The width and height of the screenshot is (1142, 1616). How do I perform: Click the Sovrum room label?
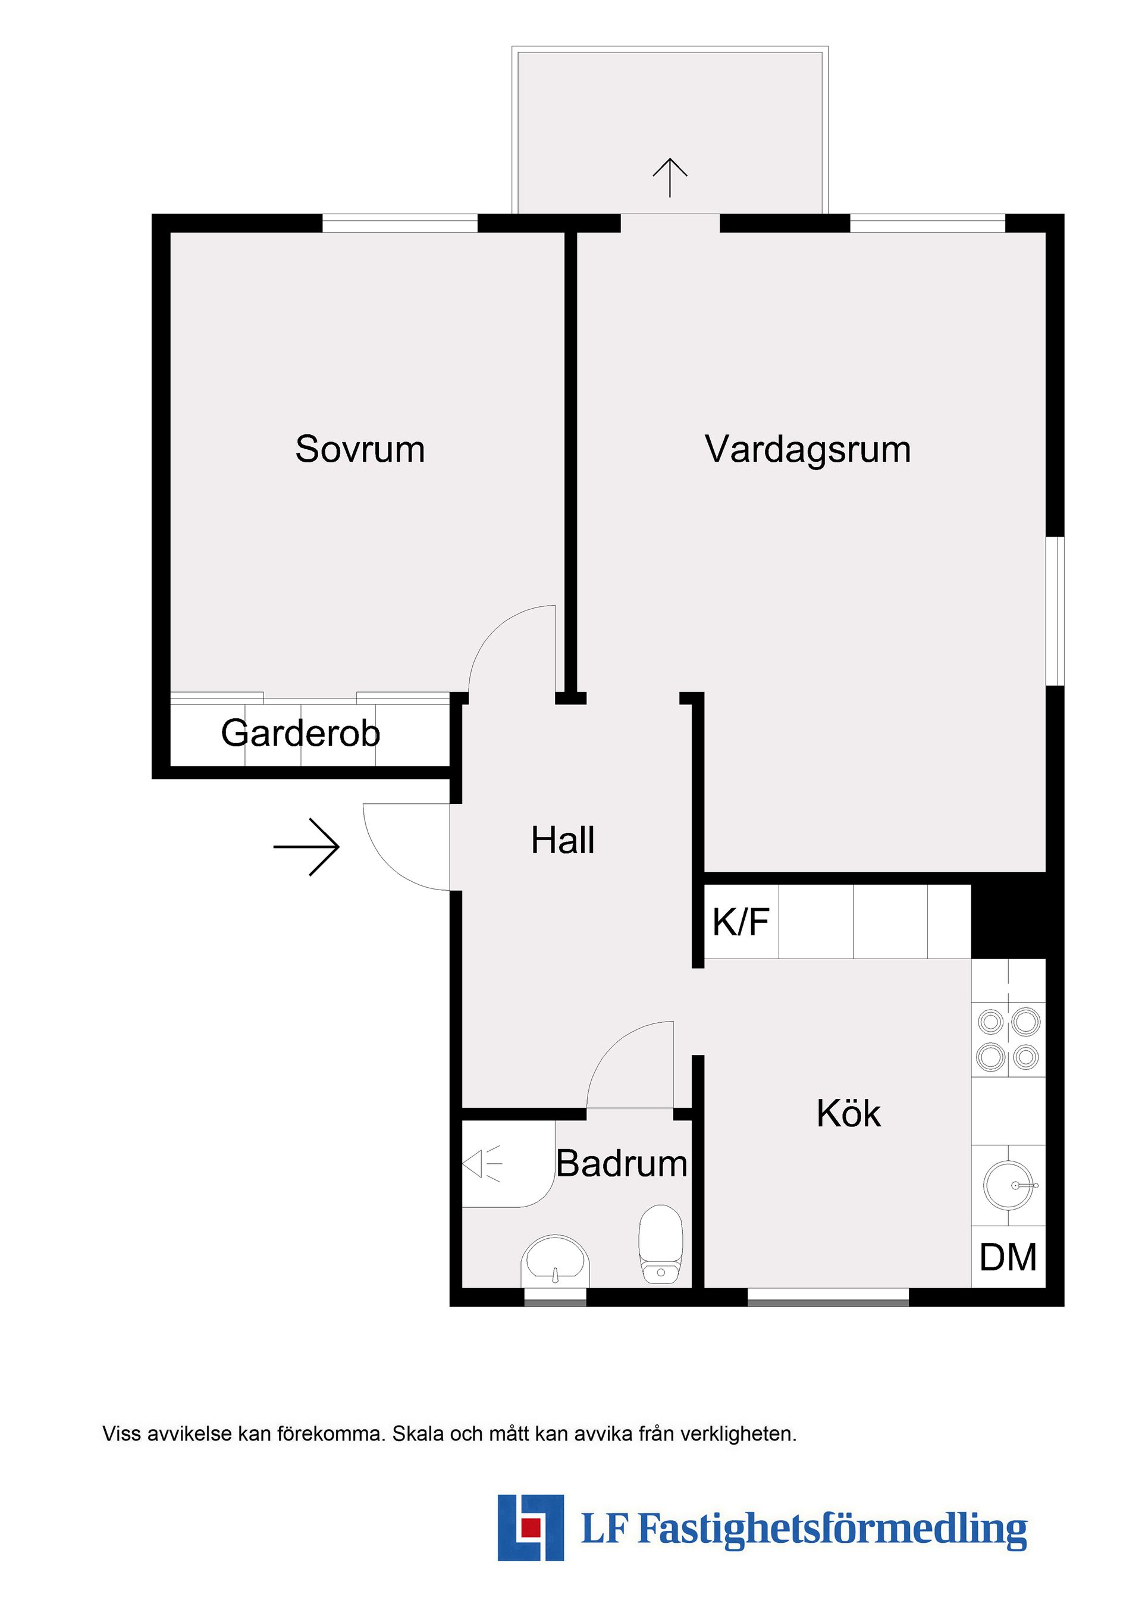[360, 449]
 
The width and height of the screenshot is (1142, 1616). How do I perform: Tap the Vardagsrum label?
[808, 450]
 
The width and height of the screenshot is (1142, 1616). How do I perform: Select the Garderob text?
[300, 734]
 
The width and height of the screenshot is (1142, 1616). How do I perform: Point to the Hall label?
[563, 840]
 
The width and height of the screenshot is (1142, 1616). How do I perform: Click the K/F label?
[741, 922]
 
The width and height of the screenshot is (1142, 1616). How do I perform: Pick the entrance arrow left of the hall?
[308, 847]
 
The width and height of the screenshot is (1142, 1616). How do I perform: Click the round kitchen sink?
[1009, 1185]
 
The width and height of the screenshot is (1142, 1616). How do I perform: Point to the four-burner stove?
[1008, 1038]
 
